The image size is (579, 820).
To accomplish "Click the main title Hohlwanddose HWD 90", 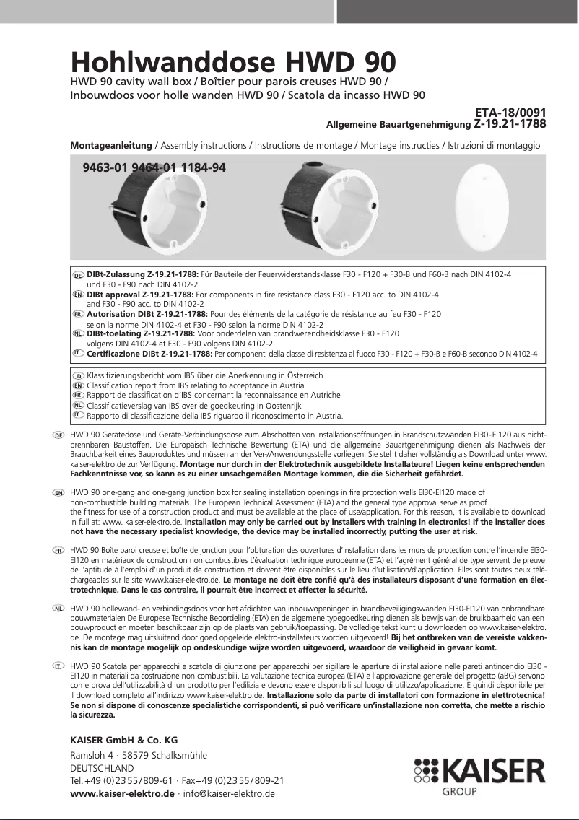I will (232, 61).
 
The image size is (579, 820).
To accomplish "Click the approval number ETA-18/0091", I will (510, 113).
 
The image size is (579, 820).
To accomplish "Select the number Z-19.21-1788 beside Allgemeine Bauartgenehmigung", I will (510, 124).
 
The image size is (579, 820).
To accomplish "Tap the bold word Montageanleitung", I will (111, 145).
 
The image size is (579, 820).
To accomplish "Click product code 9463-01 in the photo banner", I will (105, 168).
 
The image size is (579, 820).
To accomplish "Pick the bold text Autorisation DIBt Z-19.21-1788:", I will (147, 315).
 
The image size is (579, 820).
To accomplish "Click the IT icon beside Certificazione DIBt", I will (79, 353).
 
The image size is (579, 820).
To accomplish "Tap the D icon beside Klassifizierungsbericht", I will (79, 376).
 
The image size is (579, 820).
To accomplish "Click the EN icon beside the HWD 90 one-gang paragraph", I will (59, 492).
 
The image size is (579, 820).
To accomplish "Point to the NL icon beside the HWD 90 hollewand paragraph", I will (59, 609).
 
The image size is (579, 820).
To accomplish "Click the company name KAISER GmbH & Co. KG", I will (123, 740).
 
